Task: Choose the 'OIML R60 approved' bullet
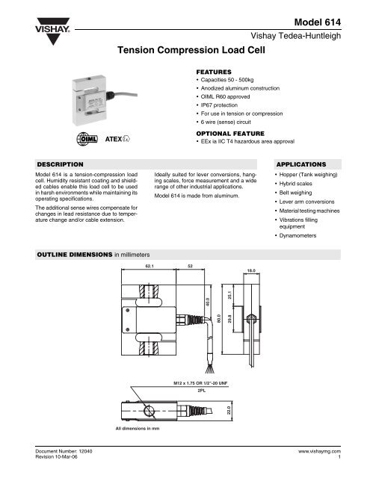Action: pos(227,97)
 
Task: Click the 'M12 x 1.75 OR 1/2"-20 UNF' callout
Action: pos(200,381)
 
